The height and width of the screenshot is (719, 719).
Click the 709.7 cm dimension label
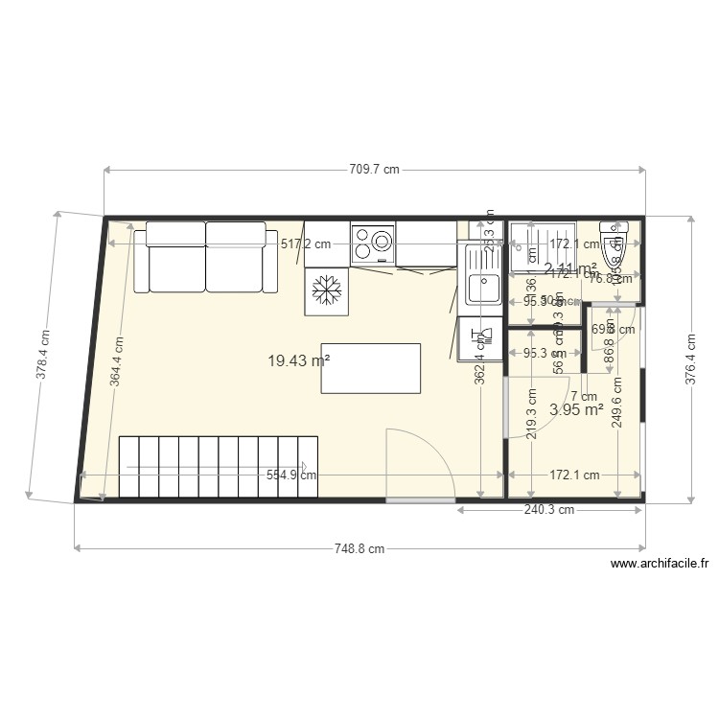[x=374, y=170]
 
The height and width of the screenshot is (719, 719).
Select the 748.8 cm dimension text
[x=359, y=549]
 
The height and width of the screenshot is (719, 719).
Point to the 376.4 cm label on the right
[x=690, y=359]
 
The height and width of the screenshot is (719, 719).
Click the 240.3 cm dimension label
[x=549, y=510]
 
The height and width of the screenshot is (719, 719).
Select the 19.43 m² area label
[x=298, y=360]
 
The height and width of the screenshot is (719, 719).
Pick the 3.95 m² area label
[x=576, y=409]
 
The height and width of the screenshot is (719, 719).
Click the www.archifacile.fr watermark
[x=660, y=565]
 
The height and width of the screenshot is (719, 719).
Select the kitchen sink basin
[x=484, y=286]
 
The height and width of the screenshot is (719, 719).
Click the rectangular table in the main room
[x=371, y=368]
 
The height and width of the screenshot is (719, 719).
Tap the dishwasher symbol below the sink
[x=480, y=336]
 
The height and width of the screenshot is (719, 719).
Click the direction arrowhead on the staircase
[x=303, y=469]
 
